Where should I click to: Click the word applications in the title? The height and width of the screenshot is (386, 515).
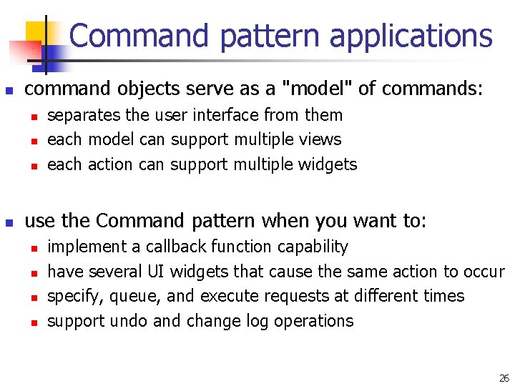[x=411, y=36]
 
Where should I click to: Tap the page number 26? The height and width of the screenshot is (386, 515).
[x=504, y=378]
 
